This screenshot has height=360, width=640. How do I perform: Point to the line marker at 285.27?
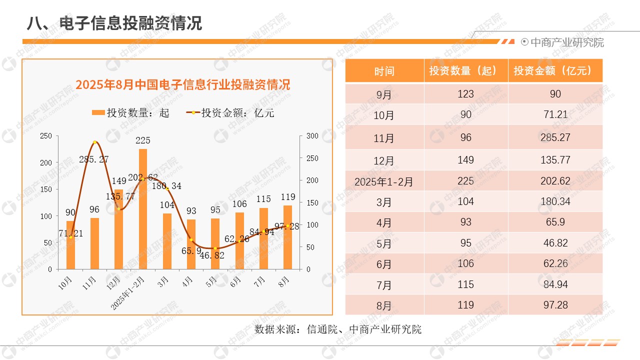tap(94, 142)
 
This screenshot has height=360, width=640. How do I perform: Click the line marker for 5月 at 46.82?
tap(215, 248)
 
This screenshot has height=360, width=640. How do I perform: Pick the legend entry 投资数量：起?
tap(131, 113)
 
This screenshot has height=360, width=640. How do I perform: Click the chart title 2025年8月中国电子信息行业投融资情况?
tap(182, 84)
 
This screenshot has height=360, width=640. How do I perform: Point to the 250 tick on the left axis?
tap(45, 136)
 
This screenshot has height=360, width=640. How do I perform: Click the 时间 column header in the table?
tap(384, 71)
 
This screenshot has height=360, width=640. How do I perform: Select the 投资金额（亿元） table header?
tap(555, 71)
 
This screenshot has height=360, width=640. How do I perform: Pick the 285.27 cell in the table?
tap(555, 137)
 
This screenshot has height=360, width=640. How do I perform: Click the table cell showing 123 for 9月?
tap(465, 94)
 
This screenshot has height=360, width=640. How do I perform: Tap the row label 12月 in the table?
tap(384, 160)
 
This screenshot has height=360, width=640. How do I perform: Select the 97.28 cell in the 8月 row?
tap(555, 305)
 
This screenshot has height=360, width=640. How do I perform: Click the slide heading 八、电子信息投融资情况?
tap(114, 23)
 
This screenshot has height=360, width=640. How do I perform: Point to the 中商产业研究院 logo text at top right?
tap(566, 42)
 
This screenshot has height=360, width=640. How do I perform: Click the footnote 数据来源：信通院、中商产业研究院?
tap(338, 329)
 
